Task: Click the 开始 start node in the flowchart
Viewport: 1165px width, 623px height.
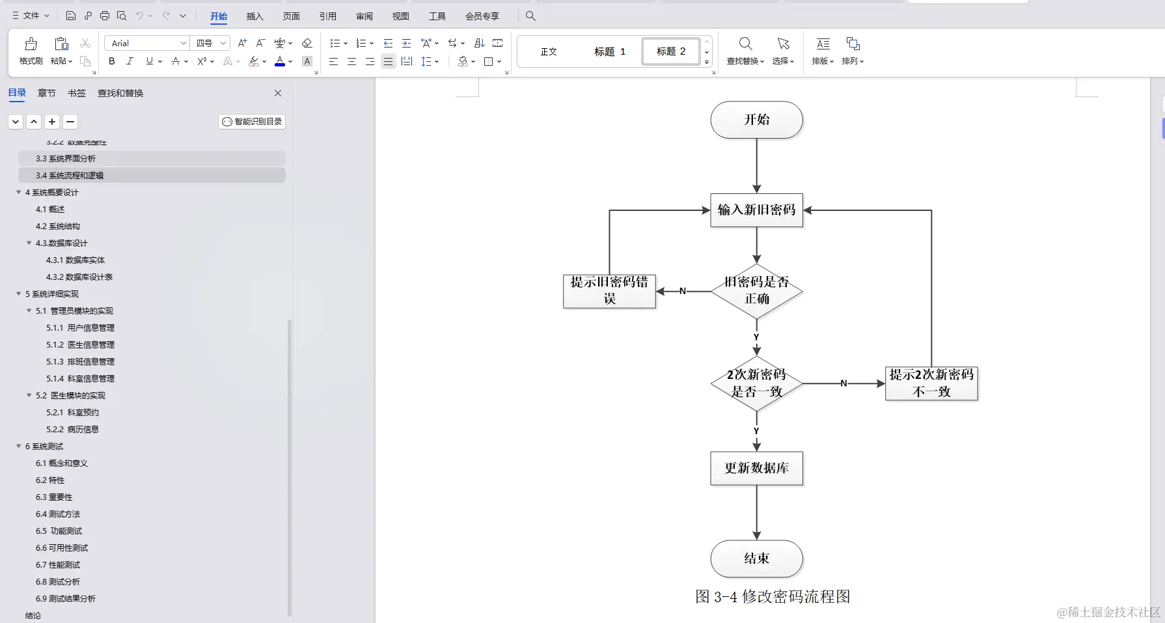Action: point(756,120)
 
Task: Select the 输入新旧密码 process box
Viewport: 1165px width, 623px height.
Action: point(756,210)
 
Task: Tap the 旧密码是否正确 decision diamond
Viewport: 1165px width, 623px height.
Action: point(756,290)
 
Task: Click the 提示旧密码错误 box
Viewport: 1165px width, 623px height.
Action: point(609,290)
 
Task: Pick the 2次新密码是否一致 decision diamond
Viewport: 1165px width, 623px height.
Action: point(756,383)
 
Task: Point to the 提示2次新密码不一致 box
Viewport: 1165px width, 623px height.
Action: point(931,383)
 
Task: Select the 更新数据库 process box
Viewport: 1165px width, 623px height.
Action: point(756,468)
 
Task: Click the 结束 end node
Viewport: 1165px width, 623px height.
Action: point(756,559)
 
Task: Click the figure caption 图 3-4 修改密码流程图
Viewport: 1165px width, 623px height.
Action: point(773,597)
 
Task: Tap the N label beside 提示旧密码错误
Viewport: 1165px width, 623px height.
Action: point(683,291)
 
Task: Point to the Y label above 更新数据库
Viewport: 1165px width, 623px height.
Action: point(756,431)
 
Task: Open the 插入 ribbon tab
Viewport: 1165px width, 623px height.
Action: point(254,16)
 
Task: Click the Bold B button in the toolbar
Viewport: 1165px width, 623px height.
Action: point(112,61)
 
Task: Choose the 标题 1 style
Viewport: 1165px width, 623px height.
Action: point(609,51)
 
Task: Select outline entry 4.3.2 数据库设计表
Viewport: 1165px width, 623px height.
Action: point(79,277)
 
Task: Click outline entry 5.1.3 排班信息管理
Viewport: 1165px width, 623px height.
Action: point(80,362)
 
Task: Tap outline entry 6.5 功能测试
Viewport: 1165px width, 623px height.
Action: point(59,531)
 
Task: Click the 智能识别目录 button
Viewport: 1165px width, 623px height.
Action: point(252,122)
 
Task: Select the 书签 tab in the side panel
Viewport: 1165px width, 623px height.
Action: point(77,93)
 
